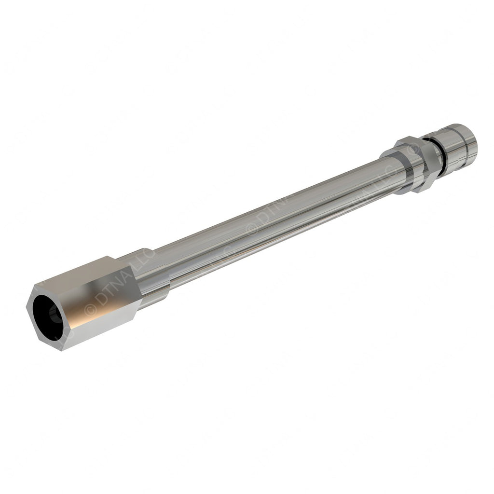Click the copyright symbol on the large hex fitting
point(90,309)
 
